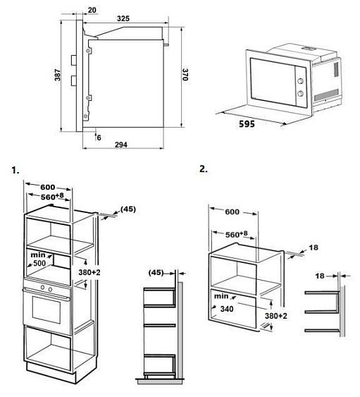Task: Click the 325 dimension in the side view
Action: pyautogui.click(x=123, y=18)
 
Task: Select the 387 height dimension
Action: pyautogui.click(x=58, y=75)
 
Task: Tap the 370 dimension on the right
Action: pyautogui.click(x=185, y=75)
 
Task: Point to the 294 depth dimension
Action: pyautogui.click(x=121, y=145)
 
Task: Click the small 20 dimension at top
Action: pyautogui.click(x=92, y=10)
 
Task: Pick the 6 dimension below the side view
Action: pyautogui.click(x=99, y=138)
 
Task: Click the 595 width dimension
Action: pyautogui.click(x=247, y=124)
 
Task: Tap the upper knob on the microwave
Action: pyautogui.click(x=301, y=81)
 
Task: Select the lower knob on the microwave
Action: pyautogui.click(x=301, y=93)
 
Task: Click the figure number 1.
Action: pyautogui.click(x=15, y=171)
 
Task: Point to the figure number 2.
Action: pyautogui.click(x=204, y=169)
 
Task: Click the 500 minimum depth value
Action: pyautogui.click(x=39, y=263)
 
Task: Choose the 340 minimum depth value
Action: pyautogui.click(x=227, y=309)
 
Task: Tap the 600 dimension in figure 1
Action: pyautogui.click(x=48, y=187)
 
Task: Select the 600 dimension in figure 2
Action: pyautogui.click(x=232, y=212)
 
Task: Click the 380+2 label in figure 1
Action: pyautogui.click(x=89, y=272)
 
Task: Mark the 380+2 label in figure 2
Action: pyautogui.click(x=276, y=316)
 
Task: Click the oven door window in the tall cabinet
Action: pyautogui.click(x=46, y=310)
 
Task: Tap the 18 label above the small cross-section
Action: pyautogui.click(x=320, y=276)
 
